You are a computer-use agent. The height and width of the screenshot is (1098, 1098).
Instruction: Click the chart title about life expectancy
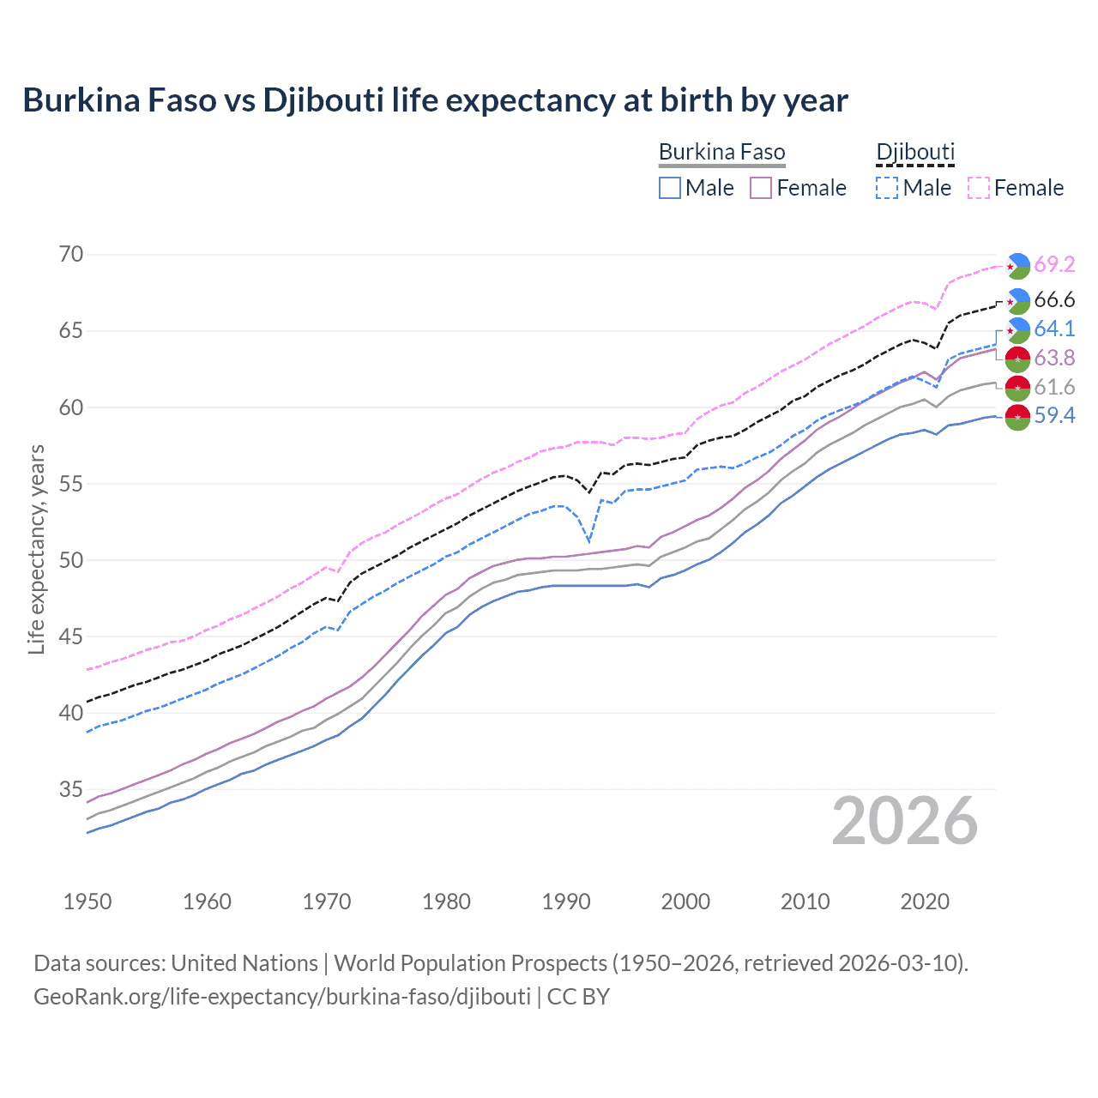click(x=435, y=100)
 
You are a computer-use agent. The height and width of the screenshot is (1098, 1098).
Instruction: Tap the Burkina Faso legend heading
click(x=721, y=153)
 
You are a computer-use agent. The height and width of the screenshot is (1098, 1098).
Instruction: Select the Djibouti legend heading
click(x=914, y=153)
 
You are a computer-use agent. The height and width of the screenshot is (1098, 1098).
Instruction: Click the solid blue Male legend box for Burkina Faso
click(x=670, y=188)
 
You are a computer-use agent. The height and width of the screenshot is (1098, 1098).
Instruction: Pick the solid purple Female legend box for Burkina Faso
click(x=761, y=188)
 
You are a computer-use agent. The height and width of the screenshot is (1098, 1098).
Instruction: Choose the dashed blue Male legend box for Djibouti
click(x=887, y=188)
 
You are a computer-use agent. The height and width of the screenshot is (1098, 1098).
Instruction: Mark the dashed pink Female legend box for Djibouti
click(x=978, y=188)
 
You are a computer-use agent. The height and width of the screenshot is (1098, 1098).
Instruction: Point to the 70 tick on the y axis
click(x=71, y=254)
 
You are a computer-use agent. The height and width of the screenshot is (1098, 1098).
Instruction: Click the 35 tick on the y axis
click(x=71, y=789)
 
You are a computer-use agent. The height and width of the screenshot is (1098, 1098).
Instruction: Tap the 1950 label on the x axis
click(x=87, y=902)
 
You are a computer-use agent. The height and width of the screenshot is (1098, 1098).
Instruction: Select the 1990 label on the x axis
click(x=566, y=902)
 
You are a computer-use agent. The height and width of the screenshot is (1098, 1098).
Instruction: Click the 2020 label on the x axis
click(x=925, y=902)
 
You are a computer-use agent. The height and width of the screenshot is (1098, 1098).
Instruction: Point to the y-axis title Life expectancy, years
click(x=36, y=549)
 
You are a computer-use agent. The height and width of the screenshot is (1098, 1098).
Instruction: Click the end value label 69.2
click(x=1054, y=264)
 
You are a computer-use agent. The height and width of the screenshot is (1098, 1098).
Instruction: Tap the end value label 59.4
click(x=1054, y=416)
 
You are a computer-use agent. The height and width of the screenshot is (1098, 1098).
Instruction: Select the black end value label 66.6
click(x=1054, y=299)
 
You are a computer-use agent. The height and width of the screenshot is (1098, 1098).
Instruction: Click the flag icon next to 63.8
click(x=1017, y=359)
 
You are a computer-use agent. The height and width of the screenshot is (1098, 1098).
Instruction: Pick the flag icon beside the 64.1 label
click(x=1017, y=329)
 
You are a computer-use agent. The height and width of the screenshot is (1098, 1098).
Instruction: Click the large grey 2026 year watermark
click(x=904, y=821)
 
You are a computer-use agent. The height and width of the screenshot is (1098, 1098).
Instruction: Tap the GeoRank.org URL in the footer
click(x=281, y=997)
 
